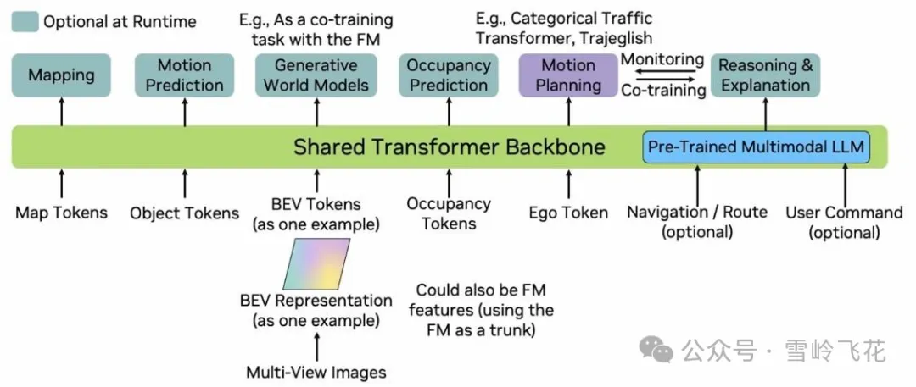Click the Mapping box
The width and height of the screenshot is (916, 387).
(61, 75)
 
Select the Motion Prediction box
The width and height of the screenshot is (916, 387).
(185, 75)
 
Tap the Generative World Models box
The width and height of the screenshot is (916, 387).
(316, 75)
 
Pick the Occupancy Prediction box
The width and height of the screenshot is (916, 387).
(448, 75)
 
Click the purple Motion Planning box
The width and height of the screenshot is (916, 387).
(568, 75)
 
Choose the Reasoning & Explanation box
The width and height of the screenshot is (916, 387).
(765, 75)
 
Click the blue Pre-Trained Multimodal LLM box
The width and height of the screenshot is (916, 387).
(757, 147)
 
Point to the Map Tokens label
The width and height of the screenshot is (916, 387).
(61, 213)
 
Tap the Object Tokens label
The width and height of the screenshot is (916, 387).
(185, 213)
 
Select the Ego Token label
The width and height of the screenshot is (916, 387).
(568, 213)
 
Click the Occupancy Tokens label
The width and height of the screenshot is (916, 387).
(449, 213)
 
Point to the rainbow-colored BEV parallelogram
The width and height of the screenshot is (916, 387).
(316, 264)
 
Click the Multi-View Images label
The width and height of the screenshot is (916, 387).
(316, 373)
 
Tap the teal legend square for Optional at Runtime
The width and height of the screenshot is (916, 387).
(25, 23)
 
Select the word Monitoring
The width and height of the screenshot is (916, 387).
(662, 59)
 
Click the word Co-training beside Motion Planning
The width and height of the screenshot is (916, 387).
(663, 91)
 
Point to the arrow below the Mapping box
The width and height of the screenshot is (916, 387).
(61, 112)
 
